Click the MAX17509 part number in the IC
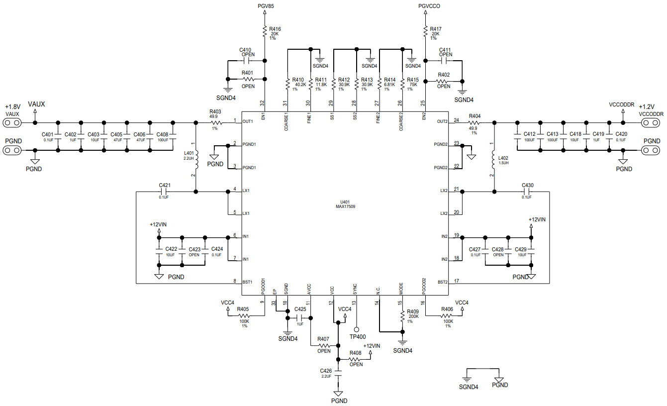(x=345, y=206)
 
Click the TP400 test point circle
(x=357, y=329)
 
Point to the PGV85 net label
(x=266, y=6)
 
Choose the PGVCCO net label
(x=429, y=6)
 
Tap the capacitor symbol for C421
(x=165, y=191)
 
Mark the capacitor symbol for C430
(x=527, y=191)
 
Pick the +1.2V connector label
(x=647, y=107)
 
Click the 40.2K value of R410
(x=299, y=85)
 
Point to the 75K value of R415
(x=413, y=85)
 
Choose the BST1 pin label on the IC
(x=247, y=282)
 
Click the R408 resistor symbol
(x=355, y=359)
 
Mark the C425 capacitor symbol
(x=300, y=317)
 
